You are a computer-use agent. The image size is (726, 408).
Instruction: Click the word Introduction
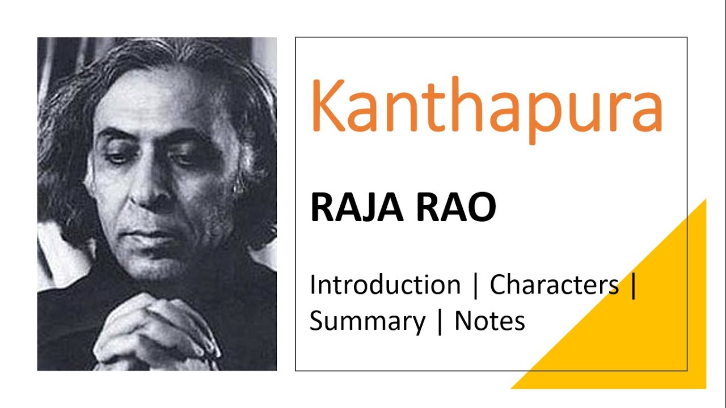(x=385, y=284)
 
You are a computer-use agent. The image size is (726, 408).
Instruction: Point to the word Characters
(x=554, y=284)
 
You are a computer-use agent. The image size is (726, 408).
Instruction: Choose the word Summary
(x=367, y=321)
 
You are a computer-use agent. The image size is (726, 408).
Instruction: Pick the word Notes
(x=489, y=321)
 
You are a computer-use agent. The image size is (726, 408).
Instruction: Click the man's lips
(x=149, y=235)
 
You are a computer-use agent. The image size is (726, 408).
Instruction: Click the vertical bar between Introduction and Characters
(x=475, y=285)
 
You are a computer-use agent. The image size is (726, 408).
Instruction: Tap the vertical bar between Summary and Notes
(x=440, y=322)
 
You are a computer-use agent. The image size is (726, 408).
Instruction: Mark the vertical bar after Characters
(x=633, y=285)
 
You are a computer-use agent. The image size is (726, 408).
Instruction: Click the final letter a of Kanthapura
(x=647, y=110)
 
